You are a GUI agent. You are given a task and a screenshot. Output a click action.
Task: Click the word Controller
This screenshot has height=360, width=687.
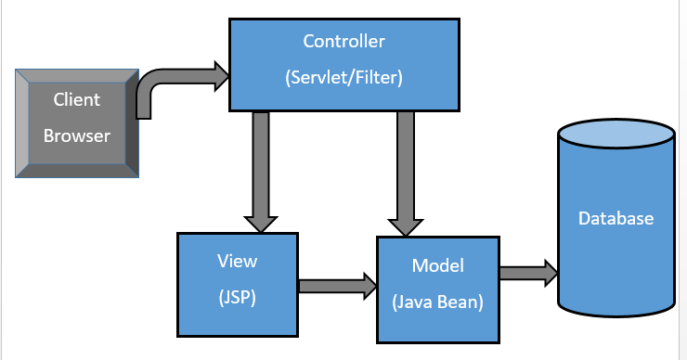(343, 42)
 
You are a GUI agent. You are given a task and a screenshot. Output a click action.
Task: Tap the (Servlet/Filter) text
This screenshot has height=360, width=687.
(343, 78)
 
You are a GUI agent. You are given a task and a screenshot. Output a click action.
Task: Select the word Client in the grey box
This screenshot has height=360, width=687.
(76, 99)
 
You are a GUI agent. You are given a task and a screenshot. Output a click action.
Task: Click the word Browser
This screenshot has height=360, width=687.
(76, 135)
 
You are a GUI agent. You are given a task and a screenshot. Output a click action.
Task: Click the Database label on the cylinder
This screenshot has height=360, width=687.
(616, 219)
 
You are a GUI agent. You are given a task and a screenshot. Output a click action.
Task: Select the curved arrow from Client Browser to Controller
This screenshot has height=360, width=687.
(167, 84)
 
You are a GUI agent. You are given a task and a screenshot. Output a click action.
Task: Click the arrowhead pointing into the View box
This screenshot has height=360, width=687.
(260, 223)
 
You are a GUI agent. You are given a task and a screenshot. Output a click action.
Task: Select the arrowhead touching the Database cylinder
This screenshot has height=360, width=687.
(550, 273)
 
